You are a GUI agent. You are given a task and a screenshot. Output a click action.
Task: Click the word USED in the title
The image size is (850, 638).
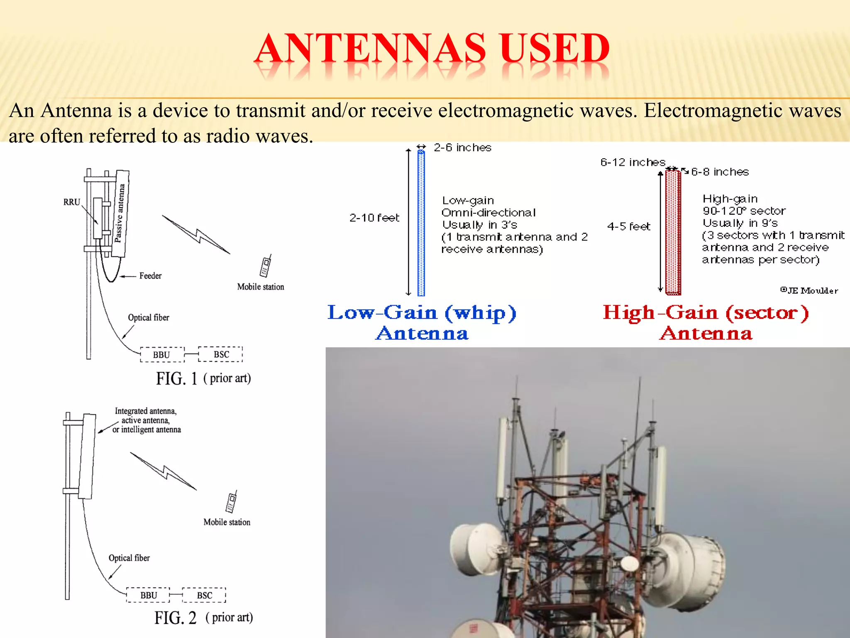(x=555, y=49)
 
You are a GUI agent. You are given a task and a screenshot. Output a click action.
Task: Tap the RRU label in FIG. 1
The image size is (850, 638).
(x=71, y=202)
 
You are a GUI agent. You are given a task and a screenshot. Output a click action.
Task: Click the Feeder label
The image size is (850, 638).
(x=150, y=276)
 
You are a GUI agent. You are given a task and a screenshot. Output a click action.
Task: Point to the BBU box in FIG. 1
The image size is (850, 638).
(x=162, y=355)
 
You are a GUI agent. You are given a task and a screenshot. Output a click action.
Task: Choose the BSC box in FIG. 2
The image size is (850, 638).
(x=204, y=595)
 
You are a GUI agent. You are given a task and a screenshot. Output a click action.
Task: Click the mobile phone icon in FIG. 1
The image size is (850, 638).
(x=265, y=266)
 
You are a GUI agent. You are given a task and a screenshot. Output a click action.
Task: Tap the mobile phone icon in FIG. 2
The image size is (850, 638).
(x=232, y=502)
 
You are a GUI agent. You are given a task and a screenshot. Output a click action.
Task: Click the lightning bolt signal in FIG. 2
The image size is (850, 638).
(x=164, y=471)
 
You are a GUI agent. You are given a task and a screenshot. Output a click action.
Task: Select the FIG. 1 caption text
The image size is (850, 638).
(x=203, y=378)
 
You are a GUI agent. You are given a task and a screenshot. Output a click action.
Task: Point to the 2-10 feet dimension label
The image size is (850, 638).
(x=374, y=218)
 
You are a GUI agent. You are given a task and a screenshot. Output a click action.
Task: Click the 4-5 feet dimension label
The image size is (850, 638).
(x=628, y=226)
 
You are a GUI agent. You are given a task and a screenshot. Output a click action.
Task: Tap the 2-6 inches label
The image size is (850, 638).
(x=462, y=147)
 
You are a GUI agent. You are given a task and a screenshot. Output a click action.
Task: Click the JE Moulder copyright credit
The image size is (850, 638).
(x=809, y=290)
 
